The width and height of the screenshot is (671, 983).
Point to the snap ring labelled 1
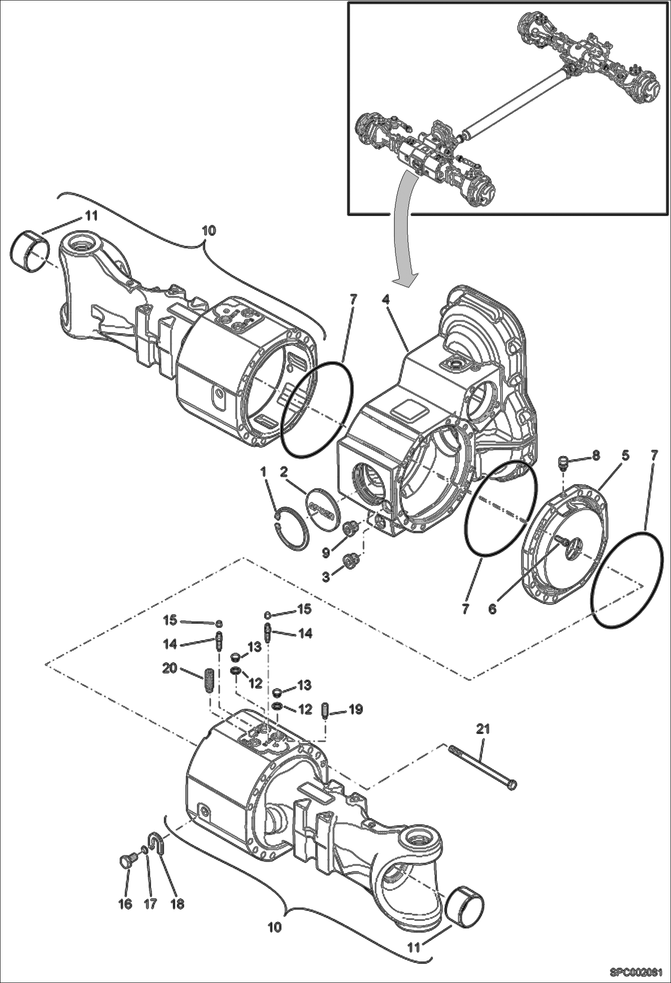[x=291, y=526]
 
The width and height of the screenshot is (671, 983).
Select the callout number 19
[x=356, y=710]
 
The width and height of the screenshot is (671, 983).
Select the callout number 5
[x=625, y=456]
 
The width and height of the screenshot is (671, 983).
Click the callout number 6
[x=492, y=609]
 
